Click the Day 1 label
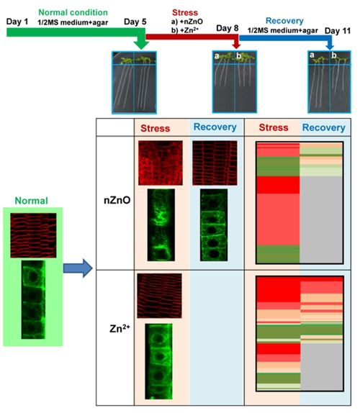click(17, 22)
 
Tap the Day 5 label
click(135, 22)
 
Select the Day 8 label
click(228, 28)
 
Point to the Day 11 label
click(338, 31)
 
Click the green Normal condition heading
click(73, 12)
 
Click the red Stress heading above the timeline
click(185, 12)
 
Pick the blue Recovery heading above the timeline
click(284, 21)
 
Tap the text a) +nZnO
click(187, 22)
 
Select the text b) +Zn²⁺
click(185, 30)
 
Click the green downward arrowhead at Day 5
click(141, 45)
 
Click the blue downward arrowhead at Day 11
click(330, 47)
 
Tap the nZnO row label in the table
click(117, 201)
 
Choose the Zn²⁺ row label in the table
click(120, 328)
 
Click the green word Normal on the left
click(32, 201)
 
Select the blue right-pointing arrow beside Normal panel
click(78, 268)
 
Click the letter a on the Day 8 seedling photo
click(217, 56)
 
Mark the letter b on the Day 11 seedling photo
click(333, 55)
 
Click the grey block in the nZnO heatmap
click(321, 219)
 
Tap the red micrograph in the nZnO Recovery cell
click(215, 163)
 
